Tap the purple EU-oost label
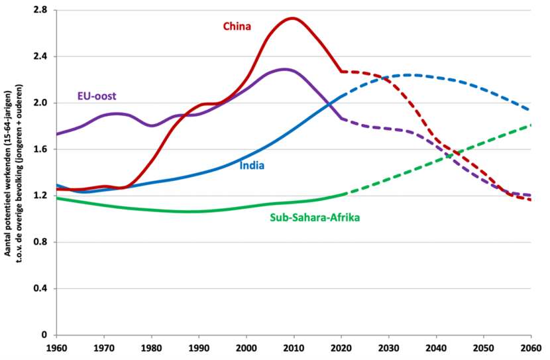pyautogui.click(x=97, y=96)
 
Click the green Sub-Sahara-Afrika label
pyautogui.click(x=315, y=217)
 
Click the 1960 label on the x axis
pyautogui.click(x=57, y=347)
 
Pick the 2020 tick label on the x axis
pyautogui.click(x=341, y=347)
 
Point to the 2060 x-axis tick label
pyautogui.click(x=531, y=347)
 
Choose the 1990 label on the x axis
pyautogui.click(x=199, y=347)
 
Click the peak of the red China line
pyautogui.click(x=293, y=19)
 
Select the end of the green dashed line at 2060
pyautogui.click(x=531, y=125)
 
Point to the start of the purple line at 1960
pyautogui.click(x=58, y=134)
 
